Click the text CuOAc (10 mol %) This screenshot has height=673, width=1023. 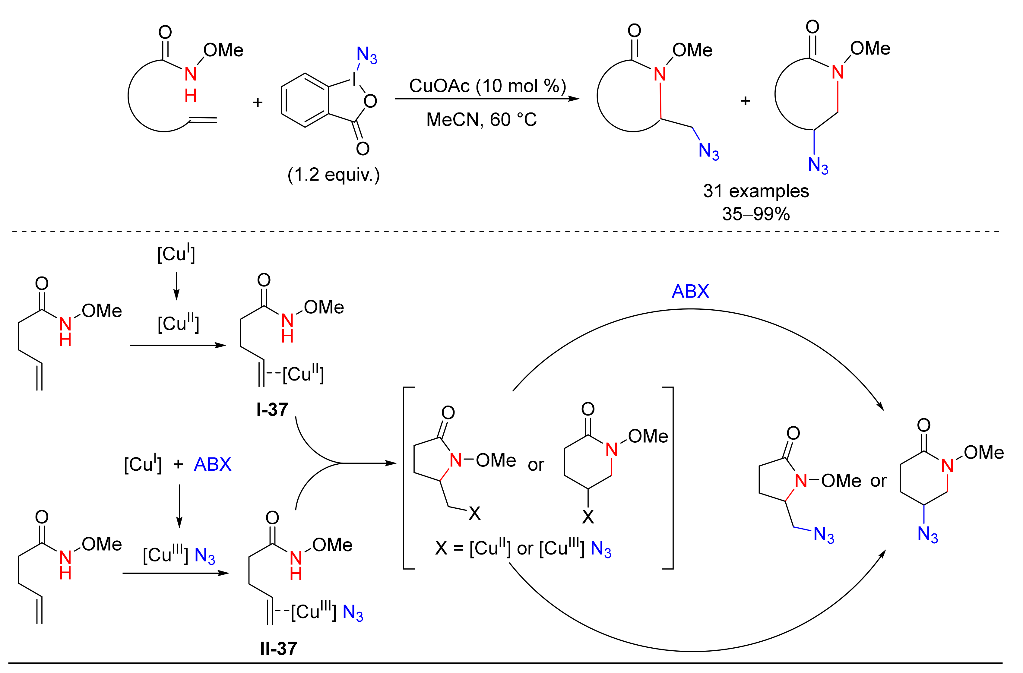[487, 86]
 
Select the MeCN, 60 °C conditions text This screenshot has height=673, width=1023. [481, 119]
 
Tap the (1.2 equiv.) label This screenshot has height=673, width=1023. [334, 175]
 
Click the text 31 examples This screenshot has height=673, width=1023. [756, 191]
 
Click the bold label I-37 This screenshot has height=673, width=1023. [272, 409]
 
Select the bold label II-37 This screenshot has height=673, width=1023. [279, 648]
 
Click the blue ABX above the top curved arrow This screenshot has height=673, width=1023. [690, 291]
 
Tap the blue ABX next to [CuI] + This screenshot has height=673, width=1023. [212, 464]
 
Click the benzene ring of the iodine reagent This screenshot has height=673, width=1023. [305, 100]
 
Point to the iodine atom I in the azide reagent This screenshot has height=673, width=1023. [354, 79]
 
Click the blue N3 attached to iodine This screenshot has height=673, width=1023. [367, 55]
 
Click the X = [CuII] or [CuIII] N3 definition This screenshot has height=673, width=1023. [523, 548]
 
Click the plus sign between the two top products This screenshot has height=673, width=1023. [745, 101]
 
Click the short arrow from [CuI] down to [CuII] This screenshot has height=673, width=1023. [176, 286]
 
